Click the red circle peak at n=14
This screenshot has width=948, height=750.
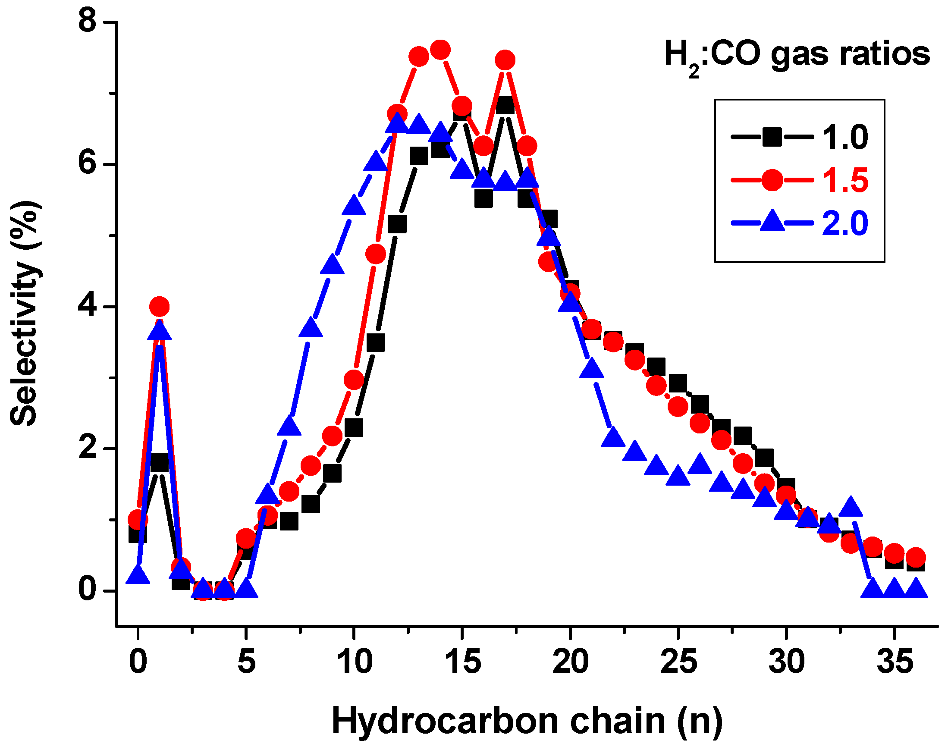[x=440, y=50]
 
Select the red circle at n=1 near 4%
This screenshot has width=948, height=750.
[x=160, y=307]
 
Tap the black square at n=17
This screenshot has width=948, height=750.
[x=505, y=106]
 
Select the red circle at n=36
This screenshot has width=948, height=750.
[x=916, y=558]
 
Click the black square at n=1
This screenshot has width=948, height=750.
[x=160, y=463]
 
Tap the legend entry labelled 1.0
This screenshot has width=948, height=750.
[x=844, y=138]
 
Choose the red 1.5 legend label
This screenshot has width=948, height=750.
[x=844, y=180]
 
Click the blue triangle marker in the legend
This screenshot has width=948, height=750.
[x=772, y=222]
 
